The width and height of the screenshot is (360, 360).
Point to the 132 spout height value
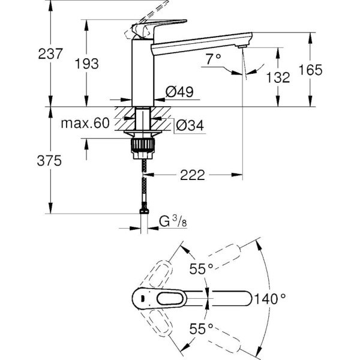click(x=278, y=77)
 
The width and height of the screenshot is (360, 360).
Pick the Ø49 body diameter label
click(x=178, y=92)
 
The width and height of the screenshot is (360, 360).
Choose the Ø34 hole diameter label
click(x=190, y=125)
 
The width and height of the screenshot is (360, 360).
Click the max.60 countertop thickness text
click(x=85, y=124)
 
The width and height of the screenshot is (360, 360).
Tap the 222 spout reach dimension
click(x=193, y=175)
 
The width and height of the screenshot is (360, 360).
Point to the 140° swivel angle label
click(x=271, y=297)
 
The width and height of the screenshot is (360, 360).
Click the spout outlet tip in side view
click(x=242, y=46)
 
